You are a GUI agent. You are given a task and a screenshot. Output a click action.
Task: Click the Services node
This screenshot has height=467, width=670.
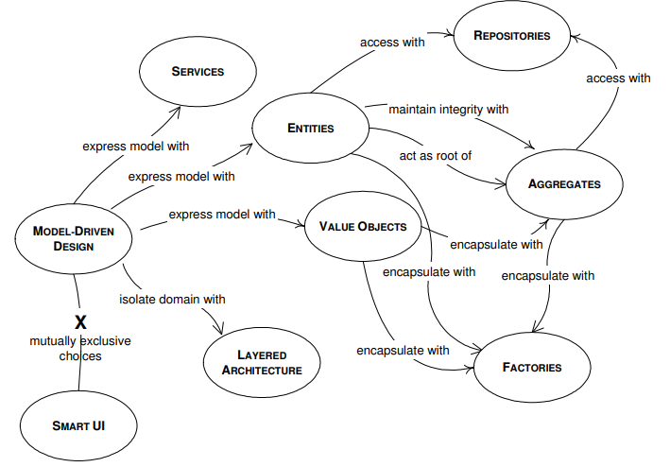[x=197, y=72]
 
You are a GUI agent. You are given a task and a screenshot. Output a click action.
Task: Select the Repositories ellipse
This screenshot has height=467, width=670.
[x=512, y=37]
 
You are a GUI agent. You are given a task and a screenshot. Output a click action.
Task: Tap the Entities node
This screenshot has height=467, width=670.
[x=311, y=128]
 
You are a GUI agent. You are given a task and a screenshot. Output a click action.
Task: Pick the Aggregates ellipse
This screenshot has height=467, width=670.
[x=564, y=183]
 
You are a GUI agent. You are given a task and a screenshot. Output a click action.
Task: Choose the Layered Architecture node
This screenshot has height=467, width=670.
[x=262, y=361]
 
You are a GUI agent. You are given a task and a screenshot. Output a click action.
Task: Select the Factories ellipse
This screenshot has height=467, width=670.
[x=531, y=367]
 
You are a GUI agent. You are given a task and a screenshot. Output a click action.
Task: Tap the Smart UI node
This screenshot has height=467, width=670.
[x=78, y=424]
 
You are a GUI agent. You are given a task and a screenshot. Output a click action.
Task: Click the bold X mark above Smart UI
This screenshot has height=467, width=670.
[x=81, y=322]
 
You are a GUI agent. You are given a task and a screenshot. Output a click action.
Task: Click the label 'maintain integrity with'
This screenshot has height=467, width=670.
[x=448, y=109]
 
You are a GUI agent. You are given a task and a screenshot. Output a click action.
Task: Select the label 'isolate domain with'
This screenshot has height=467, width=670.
[x=172, y=300]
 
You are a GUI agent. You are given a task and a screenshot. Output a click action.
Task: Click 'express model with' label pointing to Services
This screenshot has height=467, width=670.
[x=135, y=146]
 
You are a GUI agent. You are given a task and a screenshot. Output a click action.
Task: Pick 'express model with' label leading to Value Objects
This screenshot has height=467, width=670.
[x=221, y=215]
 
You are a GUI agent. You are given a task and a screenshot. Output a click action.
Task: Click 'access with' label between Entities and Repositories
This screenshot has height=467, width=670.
[x=391, y=42]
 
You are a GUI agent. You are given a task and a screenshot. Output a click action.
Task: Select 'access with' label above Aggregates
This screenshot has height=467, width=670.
[x=618, y=78]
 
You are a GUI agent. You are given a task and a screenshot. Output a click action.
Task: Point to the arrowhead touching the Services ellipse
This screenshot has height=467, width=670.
[x=179, y=107]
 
